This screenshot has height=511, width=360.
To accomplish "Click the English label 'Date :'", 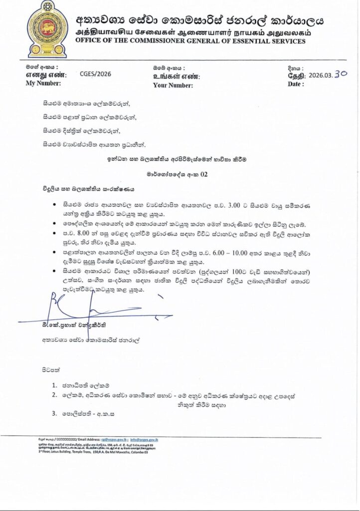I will coord(296,85).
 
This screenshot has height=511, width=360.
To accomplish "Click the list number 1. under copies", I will coord(55,385).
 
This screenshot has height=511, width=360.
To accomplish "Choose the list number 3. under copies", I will coord(55,413).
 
